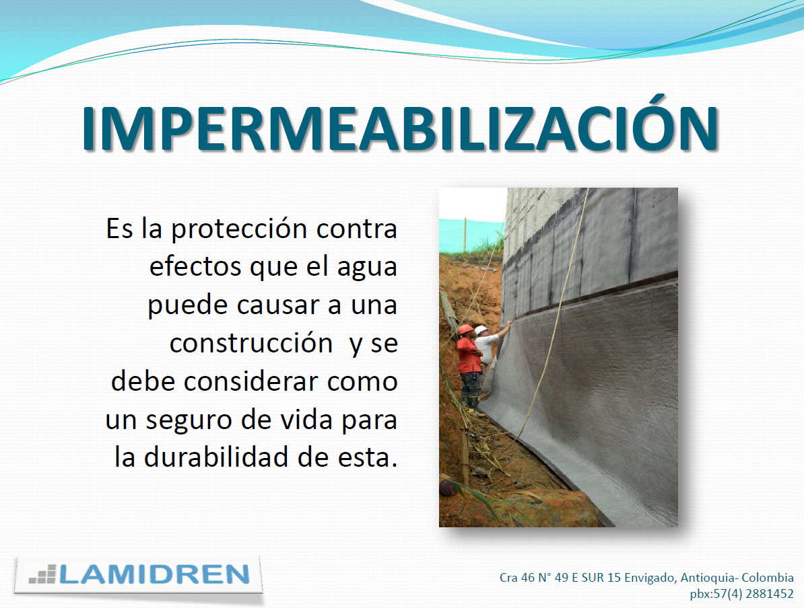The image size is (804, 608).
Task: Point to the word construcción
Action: coord(251,342)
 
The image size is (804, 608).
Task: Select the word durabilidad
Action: coord(216,457)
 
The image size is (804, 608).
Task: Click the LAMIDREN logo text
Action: coord(154,574)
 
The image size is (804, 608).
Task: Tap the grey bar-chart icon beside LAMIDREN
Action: coord(42,574)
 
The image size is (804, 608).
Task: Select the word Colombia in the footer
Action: coord(768,577)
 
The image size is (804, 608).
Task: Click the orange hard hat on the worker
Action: coord(465,329)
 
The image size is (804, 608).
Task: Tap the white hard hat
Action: coord(481,330)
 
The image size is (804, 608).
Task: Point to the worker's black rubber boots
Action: coord(471,403)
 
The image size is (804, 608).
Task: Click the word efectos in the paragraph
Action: coord(195,267)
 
